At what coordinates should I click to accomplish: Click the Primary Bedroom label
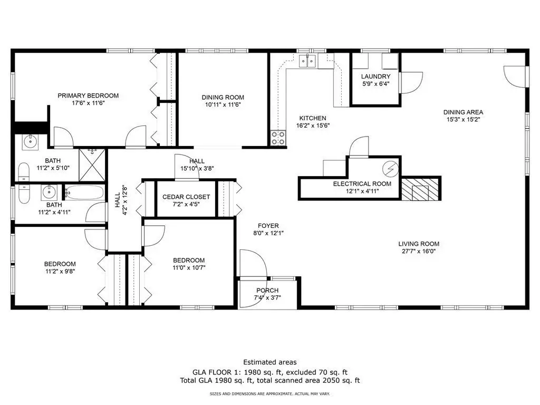(88, 96)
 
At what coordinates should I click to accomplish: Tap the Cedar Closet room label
(186, 197)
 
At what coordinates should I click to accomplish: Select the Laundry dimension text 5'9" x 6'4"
(375, 84)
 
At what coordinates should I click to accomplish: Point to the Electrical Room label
(362, 184)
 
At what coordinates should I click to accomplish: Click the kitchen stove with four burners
(278, 138)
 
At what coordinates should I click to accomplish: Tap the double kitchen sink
(307, 61)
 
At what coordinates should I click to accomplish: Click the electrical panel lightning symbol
(391, 169)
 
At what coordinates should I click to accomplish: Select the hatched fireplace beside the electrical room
(420, 189)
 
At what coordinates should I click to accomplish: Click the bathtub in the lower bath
(84, 192)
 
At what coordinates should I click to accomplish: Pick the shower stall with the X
(92, 165)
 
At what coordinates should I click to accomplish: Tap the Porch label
(267, 291)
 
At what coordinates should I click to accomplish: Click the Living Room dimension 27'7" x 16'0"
(419, 251)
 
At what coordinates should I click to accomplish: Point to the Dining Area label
(463, 112)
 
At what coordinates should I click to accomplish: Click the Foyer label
(268, 226)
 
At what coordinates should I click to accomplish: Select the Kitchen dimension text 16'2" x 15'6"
(313, 126)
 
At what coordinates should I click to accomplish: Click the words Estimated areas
(270, 362)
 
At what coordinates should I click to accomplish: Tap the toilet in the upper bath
(24, 172)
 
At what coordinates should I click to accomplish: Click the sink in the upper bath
(30, 141)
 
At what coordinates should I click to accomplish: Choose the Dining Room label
(223, 98)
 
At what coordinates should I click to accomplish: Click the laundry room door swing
(411, 83)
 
